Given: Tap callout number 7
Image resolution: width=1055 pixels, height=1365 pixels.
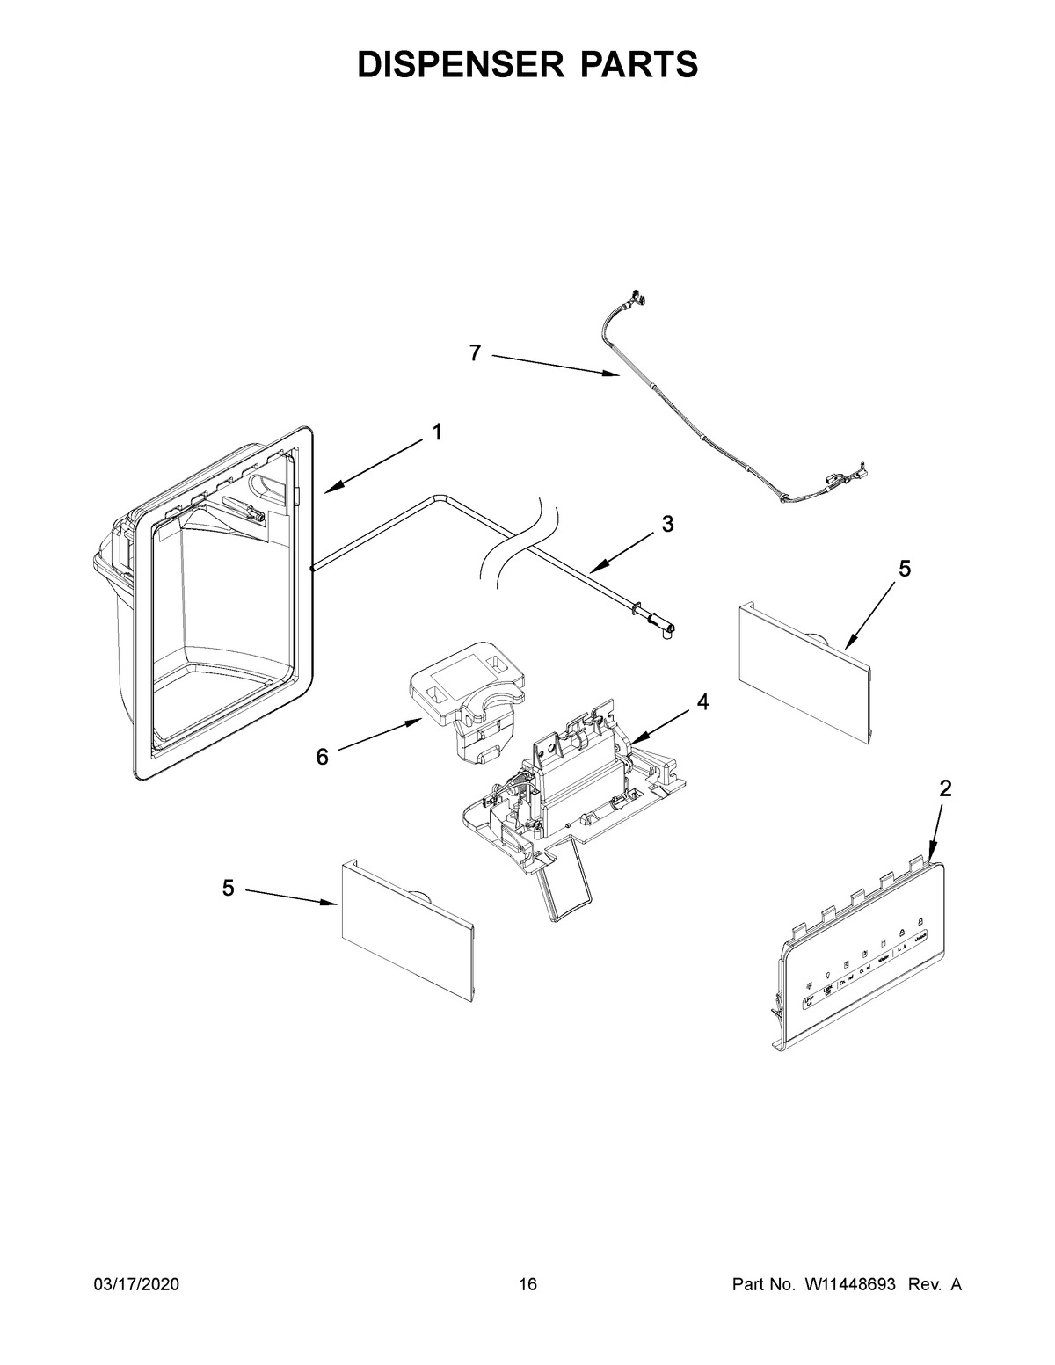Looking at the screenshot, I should (475, 353).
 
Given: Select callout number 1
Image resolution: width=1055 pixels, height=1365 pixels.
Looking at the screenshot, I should (436, 432).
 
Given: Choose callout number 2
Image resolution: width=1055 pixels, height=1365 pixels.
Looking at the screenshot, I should (944, 788).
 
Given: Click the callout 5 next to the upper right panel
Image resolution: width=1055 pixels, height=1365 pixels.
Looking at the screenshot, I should (905, 569).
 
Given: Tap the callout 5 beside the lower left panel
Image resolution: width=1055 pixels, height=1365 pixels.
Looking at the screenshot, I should (228, 889).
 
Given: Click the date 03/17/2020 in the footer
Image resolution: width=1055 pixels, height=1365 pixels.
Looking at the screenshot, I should (136, 1285).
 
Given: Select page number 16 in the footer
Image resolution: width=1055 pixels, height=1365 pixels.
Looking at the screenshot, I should (527, 1285).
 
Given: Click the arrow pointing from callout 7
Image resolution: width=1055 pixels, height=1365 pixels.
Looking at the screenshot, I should (554, 365).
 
